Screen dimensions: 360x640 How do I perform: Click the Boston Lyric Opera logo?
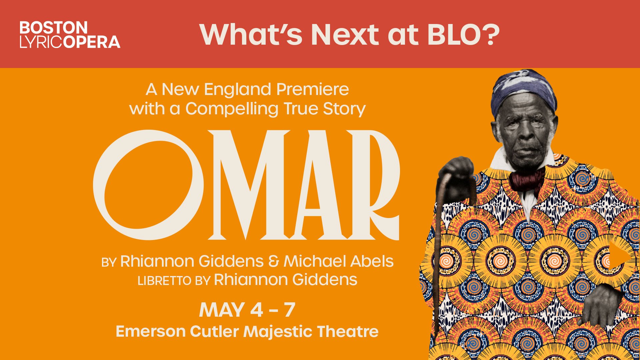click(70, 35)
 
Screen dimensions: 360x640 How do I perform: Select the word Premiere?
click(312, 89)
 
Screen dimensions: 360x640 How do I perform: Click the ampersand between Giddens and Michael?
click(273, 262)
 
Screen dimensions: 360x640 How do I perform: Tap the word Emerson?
click(150, 332)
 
